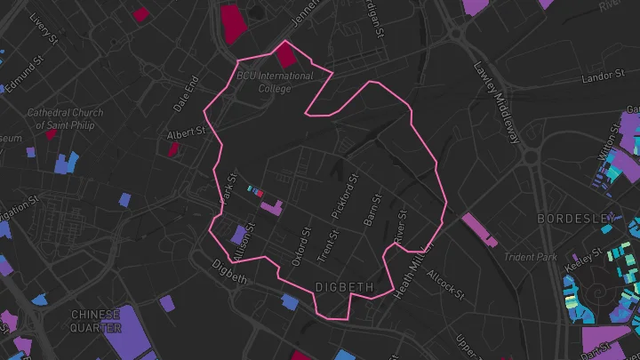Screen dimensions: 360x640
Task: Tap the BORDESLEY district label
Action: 576,218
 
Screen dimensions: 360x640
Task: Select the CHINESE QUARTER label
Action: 97,321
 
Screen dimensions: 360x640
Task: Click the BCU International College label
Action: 275,82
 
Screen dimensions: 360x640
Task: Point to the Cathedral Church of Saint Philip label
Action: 64,119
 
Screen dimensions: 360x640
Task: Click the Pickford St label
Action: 348,202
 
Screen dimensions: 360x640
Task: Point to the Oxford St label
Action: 300,247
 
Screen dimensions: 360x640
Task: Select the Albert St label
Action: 186,134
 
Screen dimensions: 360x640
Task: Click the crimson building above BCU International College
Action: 285,56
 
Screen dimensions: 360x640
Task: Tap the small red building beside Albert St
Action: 173,148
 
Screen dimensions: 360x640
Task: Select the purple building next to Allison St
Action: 238,235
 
